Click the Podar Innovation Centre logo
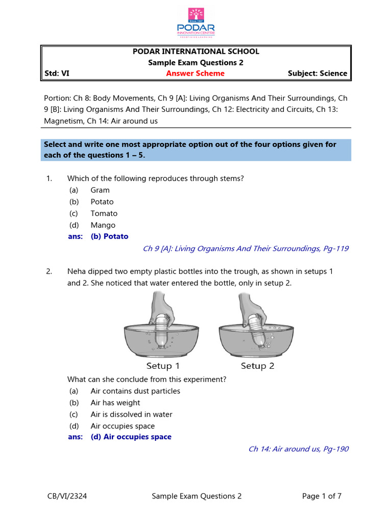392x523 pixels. coord(196,22)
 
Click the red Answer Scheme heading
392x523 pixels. coord(195,74)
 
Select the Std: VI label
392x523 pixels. coord(57,74)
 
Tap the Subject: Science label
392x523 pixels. coord(317,74)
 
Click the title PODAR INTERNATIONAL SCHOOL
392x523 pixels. coord(195,52)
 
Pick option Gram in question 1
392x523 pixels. coord(100,191)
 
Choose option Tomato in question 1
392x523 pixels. coord(104,213)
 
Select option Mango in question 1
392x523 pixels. coord(103,225)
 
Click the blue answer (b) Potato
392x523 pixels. coord(109,236)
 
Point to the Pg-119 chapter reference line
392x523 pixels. coord(246,249)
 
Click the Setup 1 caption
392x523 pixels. coord(163,366)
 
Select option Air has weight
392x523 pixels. coord(115,403)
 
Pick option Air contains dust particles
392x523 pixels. coord(135,391)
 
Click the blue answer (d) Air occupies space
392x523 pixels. coord(131,437)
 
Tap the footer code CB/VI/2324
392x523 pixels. coord(65,496)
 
